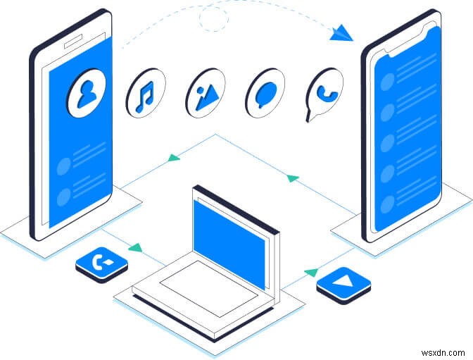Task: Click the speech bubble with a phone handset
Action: (324, 95)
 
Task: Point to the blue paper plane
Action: (341, 32)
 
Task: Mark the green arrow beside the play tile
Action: (310, 271)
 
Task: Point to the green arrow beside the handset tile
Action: (135, 248)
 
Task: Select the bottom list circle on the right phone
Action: (386, 205)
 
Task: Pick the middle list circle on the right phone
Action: (386, 143)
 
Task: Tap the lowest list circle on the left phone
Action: (64, 196)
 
